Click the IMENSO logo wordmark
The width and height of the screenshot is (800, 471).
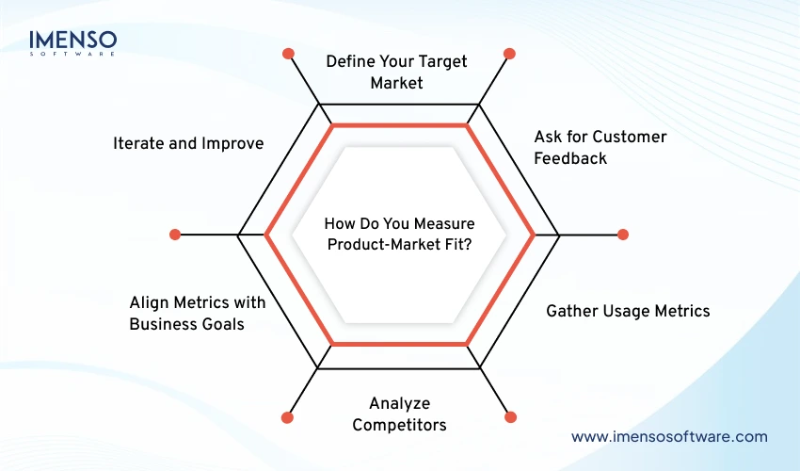tap(72, 40)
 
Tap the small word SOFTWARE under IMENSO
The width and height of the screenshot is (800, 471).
tap(72, 54)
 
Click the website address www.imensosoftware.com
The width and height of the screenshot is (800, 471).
tap(669, 436)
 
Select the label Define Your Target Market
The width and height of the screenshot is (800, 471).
tap(396, 72)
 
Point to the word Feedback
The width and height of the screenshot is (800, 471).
tap(570, 158)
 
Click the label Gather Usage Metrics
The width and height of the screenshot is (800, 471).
tap(628, 311)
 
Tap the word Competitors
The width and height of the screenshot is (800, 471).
tap(399, 425)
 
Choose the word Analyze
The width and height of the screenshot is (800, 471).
tap(399, 403)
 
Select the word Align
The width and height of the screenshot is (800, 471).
tap(149, 302)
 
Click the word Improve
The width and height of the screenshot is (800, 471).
tap(232, 143)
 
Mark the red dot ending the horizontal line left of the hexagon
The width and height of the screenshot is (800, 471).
tap(174, 234)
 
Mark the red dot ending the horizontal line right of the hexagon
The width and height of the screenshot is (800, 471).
tap(622, 234)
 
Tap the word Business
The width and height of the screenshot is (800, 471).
tap(163, 324)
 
